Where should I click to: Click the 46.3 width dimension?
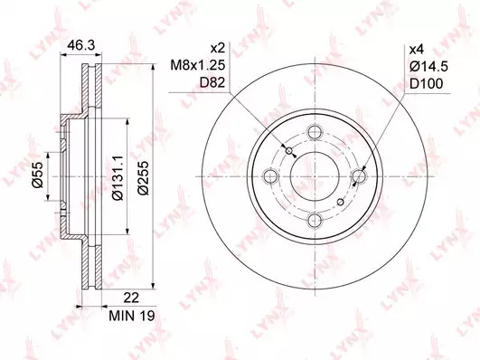pos(81,45)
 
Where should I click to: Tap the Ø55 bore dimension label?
pos(36,175)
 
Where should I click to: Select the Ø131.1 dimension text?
pos(118,177)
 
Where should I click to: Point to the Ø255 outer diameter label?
pos(143,177)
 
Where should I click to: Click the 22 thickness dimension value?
pos(131,298)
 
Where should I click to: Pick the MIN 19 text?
pos(132,316)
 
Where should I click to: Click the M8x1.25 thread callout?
pos(198,65)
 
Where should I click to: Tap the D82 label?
pos(212,82)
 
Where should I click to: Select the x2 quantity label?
pos(218,48)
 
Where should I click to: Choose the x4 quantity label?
pos(417,49)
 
